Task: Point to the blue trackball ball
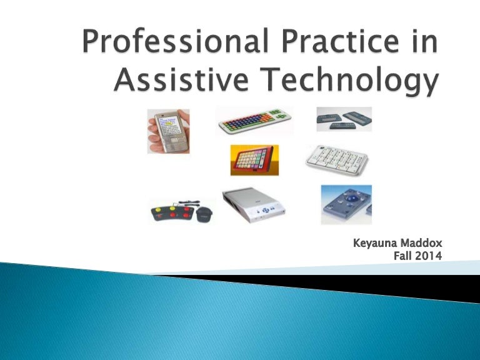(x=344, y=200)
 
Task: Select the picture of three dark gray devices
(x=344, y=118)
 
